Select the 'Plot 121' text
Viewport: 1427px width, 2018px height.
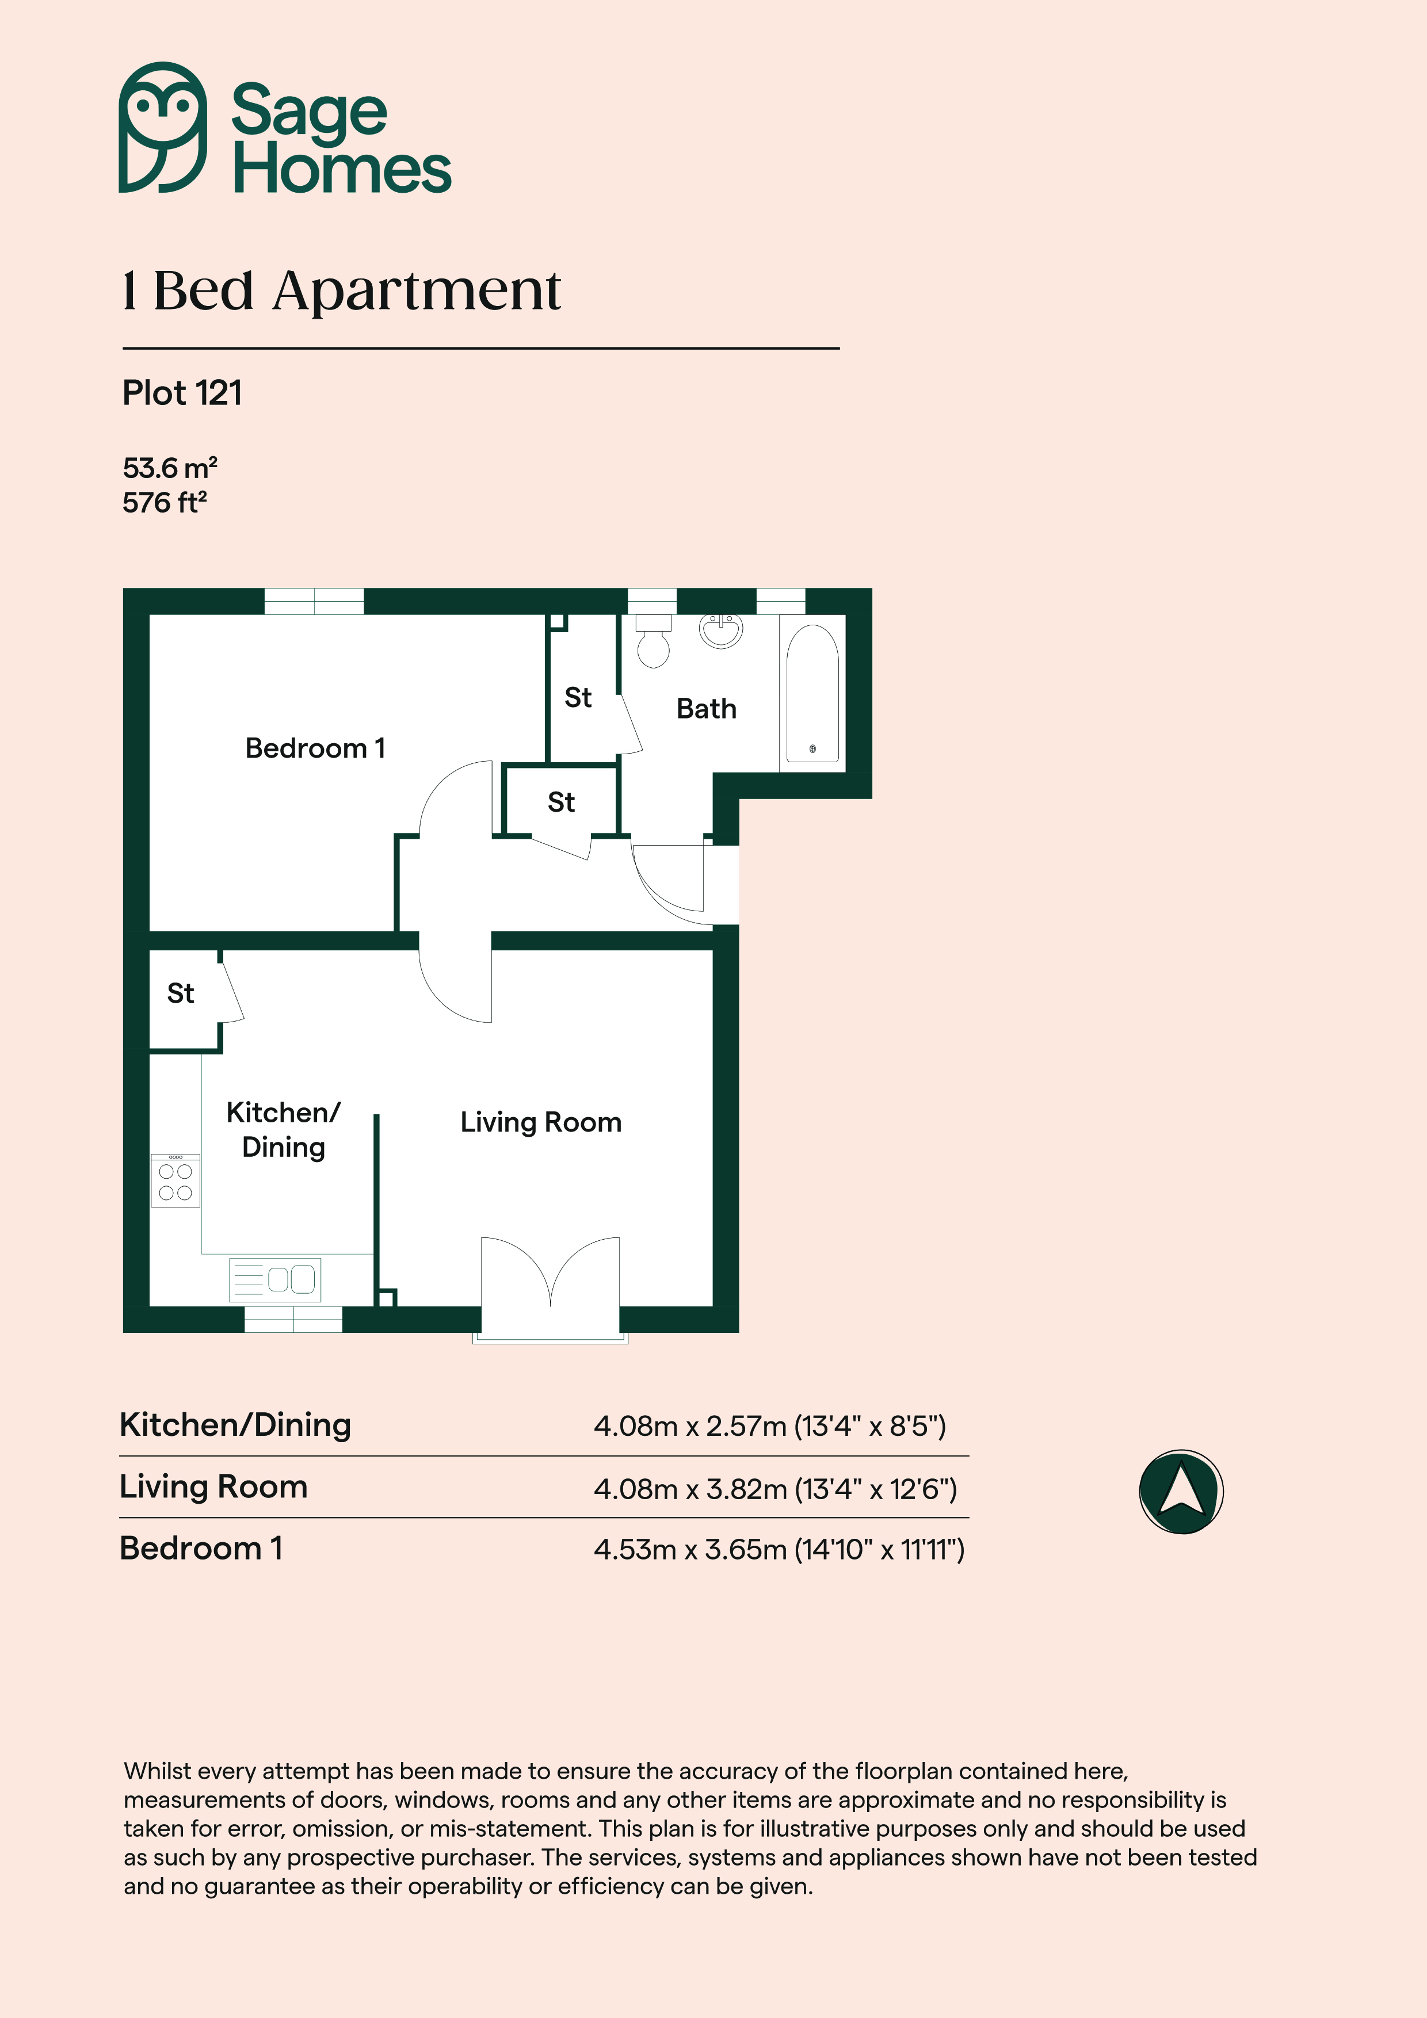pos(182,393)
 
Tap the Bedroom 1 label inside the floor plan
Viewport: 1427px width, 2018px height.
pos(315,748)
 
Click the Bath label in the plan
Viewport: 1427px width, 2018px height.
pos(706,708)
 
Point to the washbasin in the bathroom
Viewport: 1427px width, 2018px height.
pos(721,630)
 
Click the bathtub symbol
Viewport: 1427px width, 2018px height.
pos(812,693)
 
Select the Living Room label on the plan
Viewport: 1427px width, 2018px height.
pos(541,1122)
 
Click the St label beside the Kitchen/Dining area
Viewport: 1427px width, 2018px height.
pos(180,993)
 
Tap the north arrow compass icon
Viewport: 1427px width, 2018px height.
pos(1181,1492)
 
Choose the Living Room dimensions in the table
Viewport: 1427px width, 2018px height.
pos(774,1489)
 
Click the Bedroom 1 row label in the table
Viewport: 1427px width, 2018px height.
pos(201,1548)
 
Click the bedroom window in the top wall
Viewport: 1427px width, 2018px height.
pos(314,601)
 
